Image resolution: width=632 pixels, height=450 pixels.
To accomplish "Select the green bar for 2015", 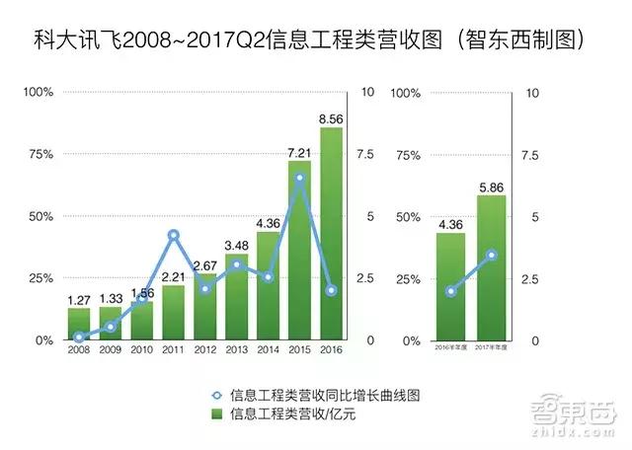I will point(299,251).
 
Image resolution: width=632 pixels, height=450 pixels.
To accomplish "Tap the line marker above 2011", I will point(173,236).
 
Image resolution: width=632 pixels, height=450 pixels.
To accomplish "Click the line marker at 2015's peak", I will point(299,179).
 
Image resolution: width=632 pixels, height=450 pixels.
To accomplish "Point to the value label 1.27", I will point(79,298).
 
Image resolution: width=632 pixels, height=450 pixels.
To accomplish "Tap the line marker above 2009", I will point(110,327).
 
